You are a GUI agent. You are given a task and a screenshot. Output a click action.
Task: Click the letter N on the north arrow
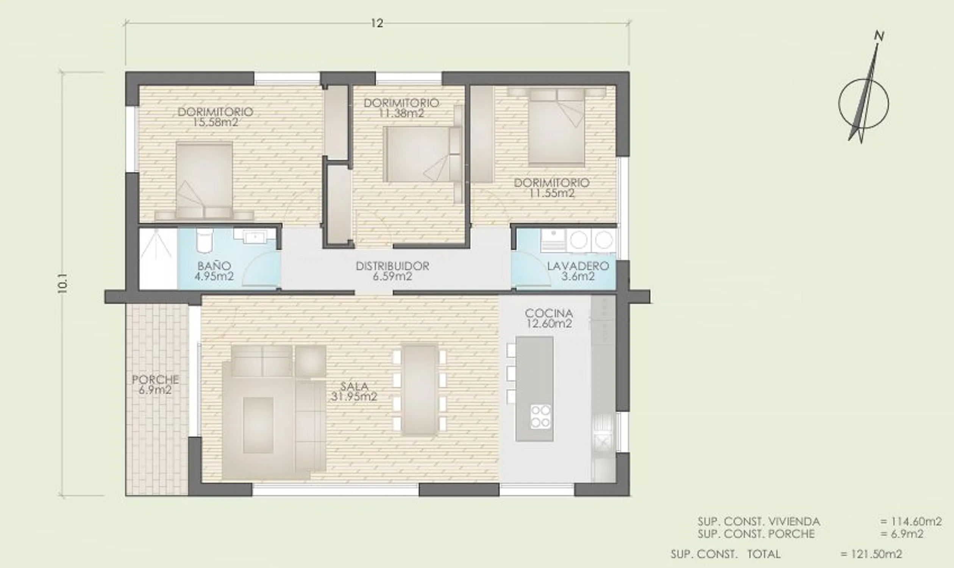[879, 36]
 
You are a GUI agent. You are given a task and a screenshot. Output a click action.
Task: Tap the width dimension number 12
[377, 23]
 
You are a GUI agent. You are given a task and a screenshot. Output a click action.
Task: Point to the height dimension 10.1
[62, 283]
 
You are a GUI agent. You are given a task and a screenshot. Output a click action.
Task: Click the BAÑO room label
[214, 265]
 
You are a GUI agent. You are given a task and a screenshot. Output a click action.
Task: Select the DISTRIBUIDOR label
[392, 266]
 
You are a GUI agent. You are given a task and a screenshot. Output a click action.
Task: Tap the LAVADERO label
[578, 266]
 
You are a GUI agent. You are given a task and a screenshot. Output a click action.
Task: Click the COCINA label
[549, 313]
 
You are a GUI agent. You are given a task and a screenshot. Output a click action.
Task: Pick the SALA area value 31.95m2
[354, 396]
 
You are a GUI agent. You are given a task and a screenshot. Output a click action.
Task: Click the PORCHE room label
[155, 380]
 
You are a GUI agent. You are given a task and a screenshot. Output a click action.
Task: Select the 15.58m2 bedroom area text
[215, 122]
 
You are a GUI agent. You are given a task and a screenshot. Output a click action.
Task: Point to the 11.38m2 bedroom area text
[401, 113]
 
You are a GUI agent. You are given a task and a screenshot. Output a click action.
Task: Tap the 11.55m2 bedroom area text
[552, 193]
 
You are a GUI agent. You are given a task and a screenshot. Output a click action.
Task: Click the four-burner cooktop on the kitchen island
[540, 417]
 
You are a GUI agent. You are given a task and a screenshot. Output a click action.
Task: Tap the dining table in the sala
[420, 390]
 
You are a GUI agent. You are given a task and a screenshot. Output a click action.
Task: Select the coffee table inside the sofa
[258, 425]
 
